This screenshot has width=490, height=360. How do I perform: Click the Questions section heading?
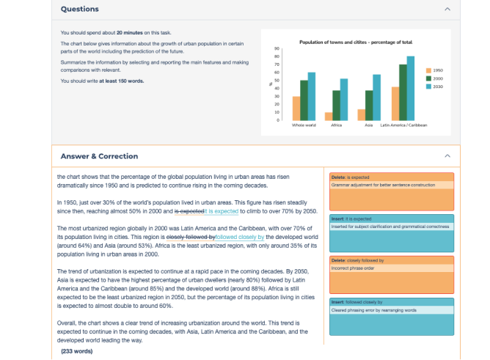coord(79,10)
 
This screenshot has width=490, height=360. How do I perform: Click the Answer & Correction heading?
coord(99,156)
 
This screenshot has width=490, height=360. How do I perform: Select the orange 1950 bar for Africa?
coord(329,116)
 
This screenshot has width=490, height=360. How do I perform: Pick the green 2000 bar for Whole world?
coord(304,100)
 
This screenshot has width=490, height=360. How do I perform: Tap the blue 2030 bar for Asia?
coord(376,97)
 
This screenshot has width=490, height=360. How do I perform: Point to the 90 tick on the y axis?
coord(277,48)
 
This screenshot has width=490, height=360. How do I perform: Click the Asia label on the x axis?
coord(368,125)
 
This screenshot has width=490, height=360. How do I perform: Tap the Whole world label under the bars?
coord(304,125)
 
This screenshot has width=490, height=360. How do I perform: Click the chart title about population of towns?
coord(356,42)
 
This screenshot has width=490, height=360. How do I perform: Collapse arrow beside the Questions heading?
coord(447,10)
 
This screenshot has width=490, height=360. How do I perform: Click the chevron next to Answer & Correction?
coord(447,156)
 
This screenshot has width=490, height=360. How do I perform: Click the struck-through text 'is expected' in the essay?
coord(190,211)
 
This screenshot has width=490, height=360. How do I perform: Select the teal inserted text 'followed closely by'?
coord(240,238)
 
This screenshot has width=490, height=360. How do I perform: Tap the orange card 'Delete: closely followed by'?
coord(391,271)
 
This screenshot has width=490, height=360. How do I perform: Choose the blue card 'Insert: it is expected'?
coord(391,229)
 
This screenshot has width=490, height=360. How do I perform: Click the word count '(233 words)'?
coord(77,352)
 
